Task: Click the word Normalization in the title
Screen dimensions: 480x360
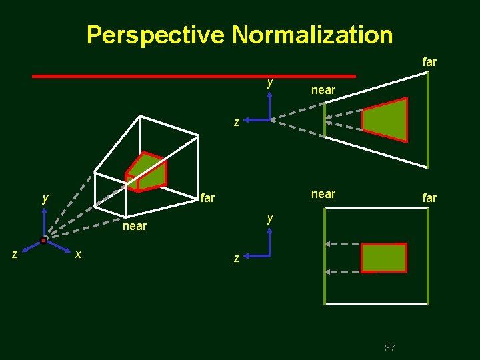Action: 312,34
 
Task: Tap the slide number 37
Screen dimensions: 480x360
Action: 390,347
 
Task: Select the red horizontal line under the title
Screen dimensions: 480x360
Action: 193,77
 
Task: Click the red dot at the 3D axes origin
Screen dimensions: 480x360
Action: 43,240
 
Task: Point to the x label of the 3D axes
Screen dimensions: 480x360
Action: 79,255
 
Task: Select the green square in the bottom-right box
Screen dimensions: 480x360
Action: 383,258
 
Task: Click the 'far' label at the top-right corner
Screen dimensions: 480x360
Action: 429,62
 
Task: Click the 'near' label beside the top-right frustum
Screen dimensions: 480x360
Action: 323,89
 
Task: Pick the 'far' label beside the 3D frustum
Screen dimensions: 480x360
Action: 207,198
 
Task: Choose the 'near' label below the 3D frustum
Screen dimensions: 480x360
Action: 135,226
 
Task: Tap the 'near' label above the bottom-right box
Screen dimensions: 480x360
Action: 323,194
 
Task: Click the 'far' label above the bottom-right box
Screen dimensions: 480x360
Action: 429,198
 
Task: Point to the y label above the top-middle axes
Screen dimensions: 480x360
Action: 269,83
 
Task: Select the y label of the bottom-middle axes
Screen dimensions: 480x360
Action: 269,218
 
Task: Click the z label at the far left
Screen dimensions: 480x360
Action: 14,254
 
